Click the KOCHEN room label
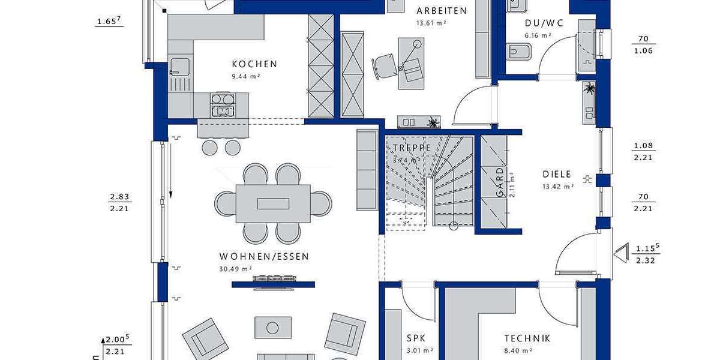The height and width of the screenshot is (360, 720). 254,64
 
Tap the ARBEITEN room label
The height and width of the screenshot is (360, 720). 442,11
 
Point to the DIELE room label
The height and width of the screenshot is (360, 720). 557,175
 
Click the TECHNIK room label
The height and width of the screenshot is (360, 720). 527,339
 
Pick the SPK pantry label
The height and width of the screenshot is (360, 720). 416,339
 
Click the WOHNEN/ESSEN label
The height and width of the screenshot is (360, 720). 264,257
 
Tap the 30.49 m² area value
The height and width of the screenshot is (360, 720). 236,269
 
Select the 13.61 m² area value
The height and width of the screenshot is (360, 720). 431,23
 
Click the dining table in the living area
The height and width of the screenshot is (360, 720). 273,203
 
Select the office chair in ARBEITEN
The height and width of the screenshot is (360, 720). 384,65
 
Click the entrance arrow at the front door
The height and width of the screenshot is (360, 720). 619,253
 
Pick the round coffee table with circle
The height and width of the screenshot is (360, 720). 273,328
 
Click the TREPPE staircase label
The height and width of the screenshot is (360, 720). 412,148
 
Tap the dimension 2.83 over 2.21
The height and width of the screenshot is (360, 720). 120,202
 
